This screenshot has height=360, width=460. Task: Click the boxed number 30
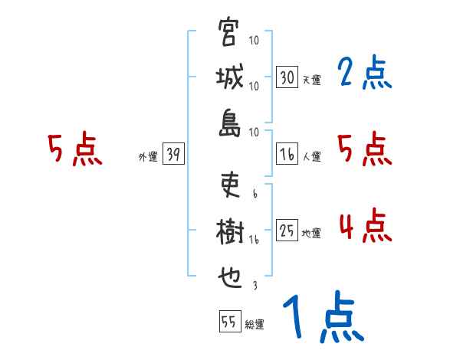pyautogui.click(x=287, y=77)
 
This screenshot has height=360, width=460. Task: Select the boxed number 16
pyautogui.click(x=287, y=154)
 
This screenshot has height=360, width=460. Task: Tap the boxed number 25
pyautogui.click(x=287, y=231)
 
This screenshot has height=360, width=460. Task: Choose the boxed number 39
pyautogui.click(x=173, y=155)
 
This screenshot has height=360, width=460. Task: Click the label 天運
pyautogui.click(x=311, y=80)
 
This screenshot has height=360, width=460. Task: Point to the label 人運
pyautogui.click(x=311, y=156)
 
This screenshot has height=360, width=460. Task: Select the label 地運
pyautogui.click(x=311, y=233)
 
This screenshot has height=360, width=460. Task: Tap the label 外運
pyautogui.click(x=147, y=157)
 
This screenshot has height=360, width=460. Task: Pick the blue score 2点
pyautogui.click(x=364, y=74)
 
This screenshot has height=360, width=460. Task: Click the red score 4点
pyautogui.click(x=364, y=226)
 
